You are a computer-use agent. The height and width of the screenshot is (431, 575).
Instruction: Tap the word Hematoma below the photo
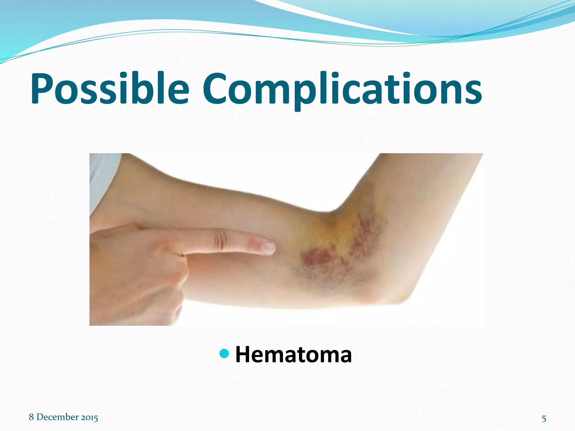coord(293,355)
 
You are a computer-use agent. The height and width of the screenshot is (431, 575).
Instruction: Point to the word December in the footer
coord(58,417)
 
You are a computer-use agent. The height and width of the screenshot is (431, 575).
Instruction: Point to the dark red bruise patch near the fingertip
coord(316,257)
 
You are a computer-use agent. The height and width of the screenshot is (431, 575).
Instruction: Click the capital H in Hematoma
coord(243,355)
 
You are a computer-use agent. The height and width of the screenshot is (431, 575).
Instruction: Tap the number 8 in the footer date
coord(31,417)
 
